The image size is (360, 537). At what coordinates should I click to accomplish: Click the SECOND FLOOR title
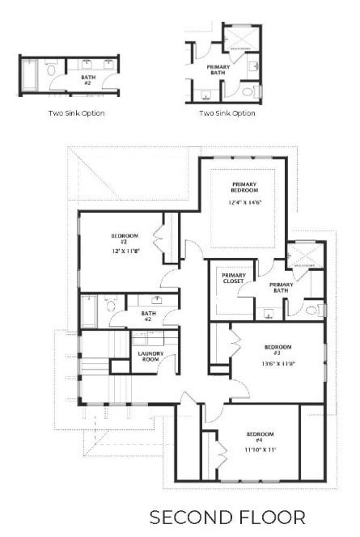[227, 516]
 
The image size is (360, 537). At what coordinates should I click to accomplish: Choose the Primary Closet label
[234, 278]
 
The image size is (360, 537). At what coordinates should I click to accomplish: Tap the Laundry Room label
[147, 356]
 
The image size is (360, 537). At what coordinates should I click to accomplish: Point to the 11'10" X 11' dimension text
[260, 449]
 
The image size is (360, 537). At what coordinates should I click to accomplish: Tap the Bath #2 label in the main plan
[148, 315]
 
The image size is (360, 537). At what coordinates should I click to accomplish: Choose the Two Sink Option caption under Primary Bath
[227, 113]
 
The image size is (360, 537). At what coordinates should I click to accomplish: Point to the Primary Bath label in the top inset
[217, 70]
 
